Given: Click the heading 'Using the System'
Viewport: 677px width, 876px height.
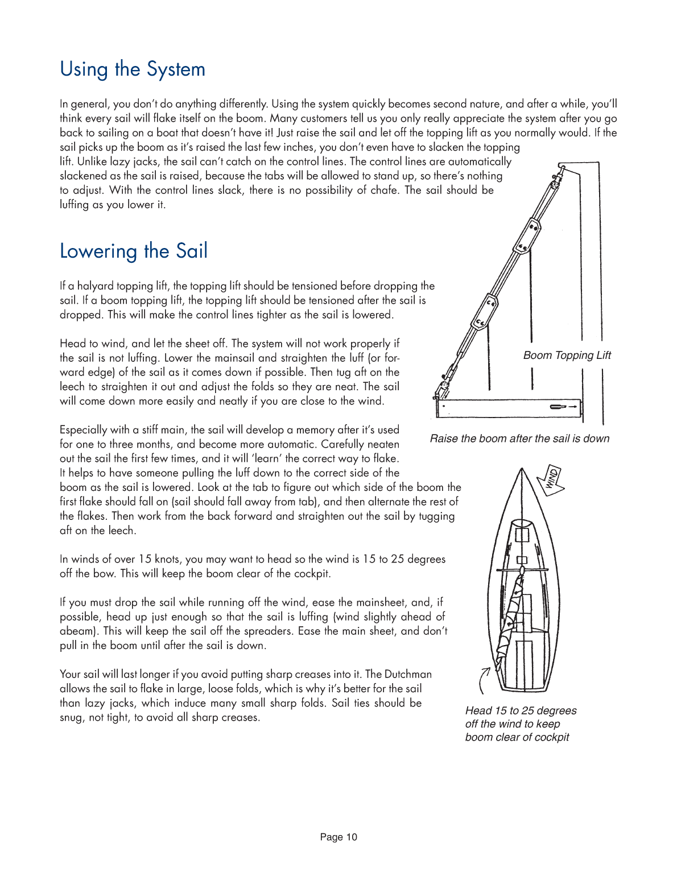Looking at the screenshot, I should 133,69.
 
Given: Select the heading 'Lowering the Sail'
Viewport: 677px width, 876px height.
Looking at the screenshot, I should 134,251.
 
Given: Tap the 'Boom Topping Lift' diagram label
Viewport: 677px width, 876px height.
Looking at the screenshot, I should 567,356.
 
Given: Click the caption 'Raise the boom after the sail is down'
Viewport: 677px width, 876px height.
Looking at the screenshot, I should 519,439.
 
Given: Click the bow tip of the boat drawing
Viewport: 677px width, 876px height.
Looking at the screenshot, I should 521,470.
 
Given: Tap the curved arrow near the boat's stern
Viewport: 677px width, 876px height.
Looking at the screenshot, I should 484,680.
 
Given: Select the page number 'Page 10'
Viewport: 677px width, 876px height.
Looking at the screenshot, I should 338,837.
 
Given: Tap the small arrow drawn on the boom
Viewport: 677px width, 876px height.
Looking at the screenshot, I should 563,407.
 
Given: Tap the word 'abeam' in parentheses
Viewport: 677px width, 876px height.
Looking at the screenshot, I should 77,631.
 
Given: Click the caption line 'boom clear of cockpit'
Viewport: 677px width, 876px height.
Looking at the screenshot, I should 517,737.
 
